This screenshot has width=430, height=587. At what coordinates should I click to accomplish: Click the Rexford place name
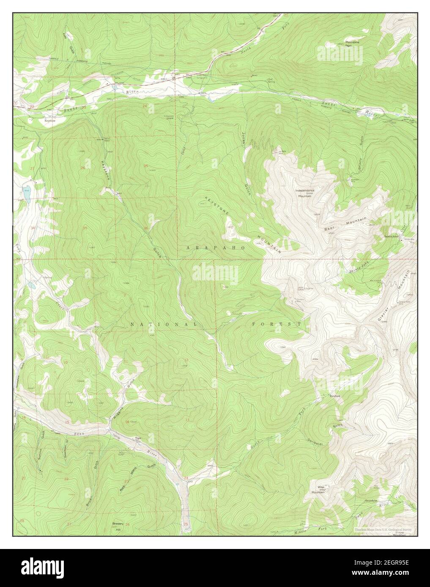[335, 396]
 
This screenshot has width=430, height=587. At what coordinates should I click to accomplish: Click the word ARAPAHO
[215, 248]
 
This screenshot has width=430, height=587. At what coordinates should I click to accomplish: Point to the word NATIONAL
[164, 324]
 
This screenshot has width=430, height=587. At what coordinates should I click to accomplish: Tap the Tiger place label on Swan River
[138, 438]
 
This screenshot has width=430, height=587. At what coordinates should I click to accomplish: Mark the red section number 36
[146, 228]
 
